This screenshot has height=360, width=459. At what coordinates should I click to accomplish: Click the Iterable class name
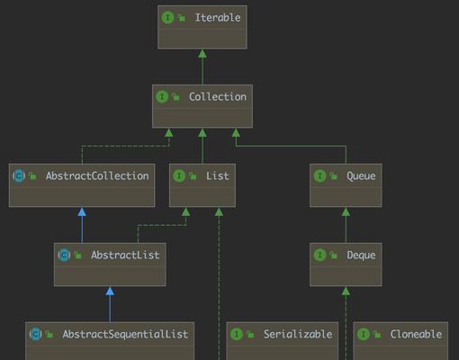218,17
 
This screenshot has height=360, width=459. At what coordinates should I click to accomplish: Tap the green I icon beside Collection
162,96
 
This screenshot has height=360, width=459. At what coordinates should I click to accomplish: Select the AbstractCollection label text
97,175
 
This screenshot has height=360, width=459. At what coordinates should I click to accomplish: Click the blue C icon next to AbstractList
64,255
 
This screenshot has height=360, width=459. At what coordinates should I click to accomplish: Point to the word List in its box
217,175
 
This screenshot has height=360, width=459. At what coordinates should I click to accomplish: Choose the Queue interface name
361,176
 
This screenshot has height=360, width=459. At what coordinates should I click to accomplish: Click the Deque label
361,256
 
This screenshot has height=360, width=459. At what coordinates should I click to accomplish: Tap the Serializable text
298,334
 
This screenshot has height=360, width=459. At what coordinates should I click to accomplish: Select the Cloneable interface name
416,334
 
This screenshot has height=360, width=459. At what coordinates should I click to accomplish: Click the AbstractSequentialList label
125,334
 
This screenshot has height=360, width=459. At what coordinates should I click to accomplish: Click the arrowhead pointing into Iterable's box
202,53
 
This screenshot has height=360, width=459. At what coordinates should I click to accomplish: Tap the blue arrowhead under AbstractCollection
82,211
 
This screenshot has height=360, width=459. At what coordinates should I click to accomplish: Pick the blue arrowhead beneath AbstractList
110,291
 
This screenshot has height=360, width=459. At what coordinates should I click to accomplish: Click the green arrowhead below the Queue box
346,211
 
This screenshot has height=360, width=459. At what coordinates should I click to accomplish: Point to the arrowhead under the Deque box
346,291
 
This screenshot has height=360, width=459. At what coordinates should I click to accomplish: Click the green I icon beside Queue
319,175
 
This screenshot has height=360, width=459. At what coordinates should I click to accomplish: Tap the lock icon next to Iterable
182,18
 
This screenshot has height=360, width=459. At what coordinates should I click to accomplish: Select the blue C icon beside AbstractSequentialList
36,334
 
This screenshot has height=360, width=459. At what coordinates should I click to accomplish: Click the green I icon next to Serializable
237,334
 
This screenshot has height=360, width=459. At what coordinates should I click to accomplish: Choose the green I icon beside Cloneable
364,334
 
